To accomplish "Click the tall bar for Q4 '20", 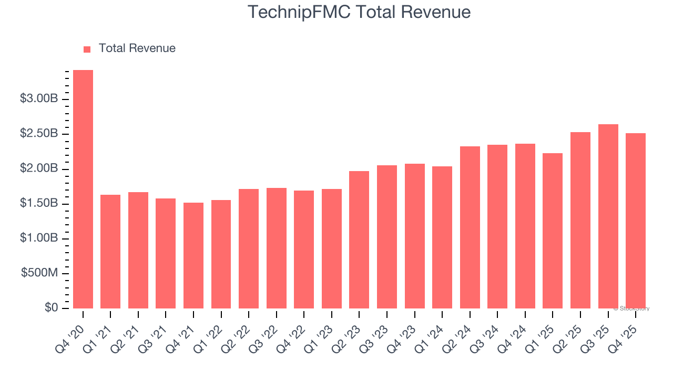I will pos(83,189).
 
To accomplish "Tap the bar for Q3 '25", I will pos(608,216).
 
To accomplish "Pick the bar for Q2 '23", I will pos(359,240).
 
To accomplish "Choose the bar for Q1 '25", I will pos(553,231).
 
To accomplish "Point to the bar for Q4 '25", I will pos(636,221).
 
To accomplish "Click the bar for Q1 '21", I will pos(110,252).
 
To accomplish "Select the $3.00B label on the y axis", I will pos(38,99).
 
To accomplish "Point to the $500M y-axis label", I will pos(39,273).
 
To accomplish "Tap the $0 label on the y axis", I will pos(51,308).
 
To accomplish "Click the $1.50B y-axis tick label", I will pos(38,204).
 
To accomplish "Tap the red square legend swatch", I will pos(87,49).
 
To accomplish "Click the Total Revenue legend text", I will pos(137,48).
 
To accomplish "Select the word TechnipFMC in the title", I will pos(300,12).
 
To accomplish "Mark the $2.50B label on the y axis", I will pos(38,134).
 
